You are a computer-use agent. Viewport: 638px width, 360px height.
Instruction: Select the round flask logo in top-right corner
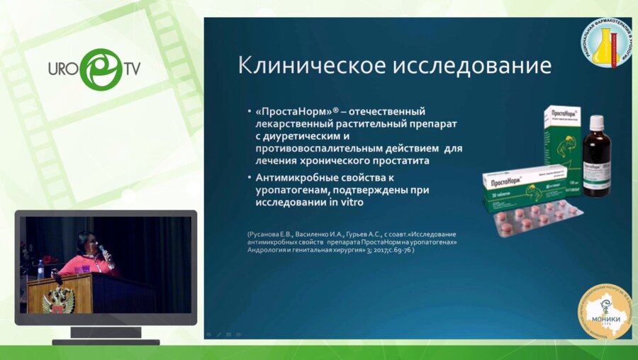pyautogui.click(x=608, y=42)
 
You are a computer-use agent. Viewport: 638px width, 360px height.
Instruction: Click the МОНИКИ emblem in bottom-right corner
pyautogui.click(x=605, y=312)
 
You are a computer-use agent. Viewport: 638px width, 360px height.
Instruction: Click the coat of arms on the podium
pyautogui.click(x=57, y=300)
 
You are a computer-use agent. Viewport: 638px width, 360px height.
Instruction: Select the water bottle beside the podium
pyautogui.click(x=40, y=269)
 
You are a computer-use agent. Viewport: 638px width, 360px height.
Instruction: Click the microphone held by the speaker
pyautogui.click(x=103, y=253)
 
